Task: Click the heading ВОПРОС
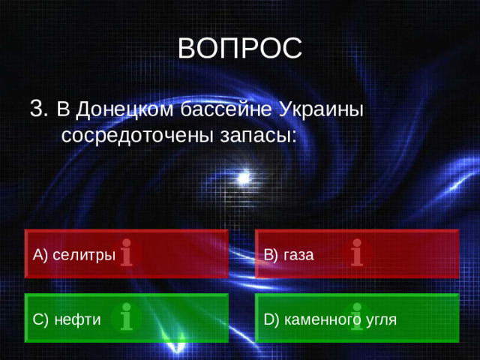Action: pyautogui.click(x=240, y=48)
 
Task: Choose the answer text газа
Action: pyautogui.click(x=299, y=255)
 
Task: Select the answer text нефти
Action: pyautogui.click(x=77, y=319)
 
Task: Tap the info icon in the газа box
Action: pyautogui.click(x=357, y=253)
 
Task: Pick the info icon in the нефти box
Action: pyautogui.click(x=126, y=317)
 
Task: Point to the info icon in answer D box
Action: pyautogui.click(x=356, y=317)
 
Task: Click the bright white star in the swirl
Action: pyautogui.click(x=242, y=177)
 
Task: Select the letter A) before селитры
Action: pyautogui.click(x=40, y=255)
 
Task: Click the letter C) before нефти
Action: pyautogui.click(x=41, y=319)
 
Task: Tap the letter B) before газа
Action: pyautogui.click(x=271, y=255)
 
